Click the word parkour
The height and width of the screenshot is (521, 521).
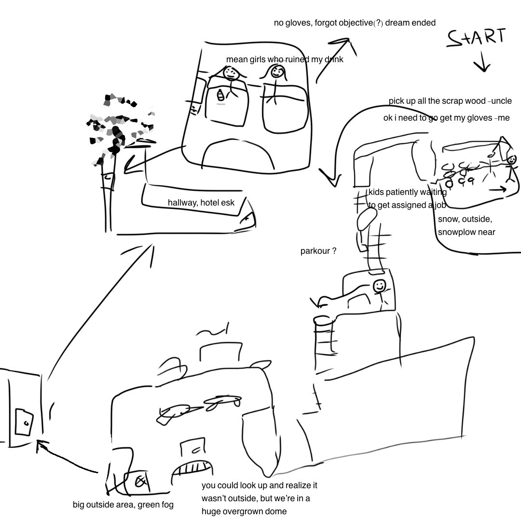coord(314,251)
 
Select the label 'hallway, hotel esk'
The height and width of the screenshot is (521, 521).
coord(201,203)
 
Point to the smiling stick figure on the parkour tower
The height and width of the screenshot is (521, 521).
coord(380,287)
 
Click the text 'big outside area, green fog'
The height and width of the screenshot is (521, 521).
coord(123,505)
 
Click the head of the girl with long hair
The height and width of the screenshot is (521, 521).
coord(277,72)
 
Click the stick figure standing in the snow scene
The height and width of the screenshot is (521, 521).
coord(511,166)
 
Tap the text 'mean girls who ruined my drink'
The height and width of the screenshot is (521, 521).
coord(285,60)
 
